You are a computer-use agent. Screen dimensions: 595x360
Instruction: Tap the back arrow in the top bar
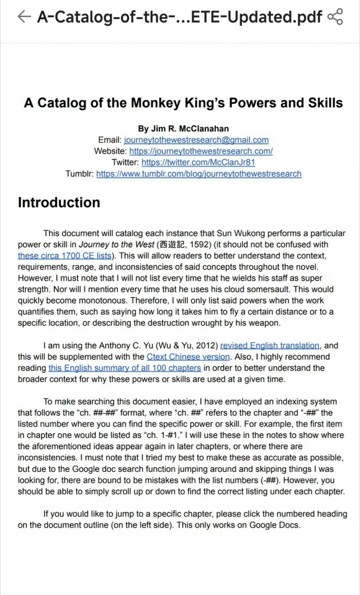tap(24, 16)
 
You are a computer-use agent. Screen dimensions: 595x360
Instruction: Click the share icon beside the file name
tap(335, 17)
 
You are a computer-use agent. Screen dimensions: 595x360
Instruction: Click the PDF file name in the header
tap(179, 17)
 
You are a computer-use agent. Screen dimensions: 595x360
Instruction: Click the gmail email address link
tap(196, 140)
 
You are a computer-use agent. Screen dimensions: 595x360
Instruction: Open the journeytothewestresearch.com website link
tap(201, 151)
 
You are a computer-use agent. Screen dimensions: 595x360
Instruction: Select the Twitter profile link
tap(198, 163)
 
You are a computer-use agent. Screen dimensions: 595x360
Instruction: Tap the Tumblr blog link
tap(199, 174)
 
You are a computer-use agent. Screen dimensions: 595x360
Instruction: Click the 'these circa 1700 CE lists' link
tap(64, 256)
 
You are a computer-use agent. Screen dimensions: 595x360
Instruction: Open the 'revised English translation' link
tap(270, 346)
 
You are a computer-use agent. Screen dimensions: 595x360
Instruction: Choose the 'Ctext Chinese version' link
tap(188, 357)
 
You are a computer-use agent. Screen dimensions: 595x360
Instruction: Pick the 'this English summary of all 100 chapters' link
tap(124, 368)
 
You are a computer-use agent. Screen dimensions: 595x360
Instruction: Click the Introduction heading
tap(59, 203)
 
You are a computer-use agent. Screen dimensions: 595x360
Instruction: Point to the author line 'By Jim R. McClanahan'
tap(183, 129)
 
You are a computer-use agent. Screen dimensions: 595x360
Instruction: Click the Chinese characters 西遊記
tap(172, 245)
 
